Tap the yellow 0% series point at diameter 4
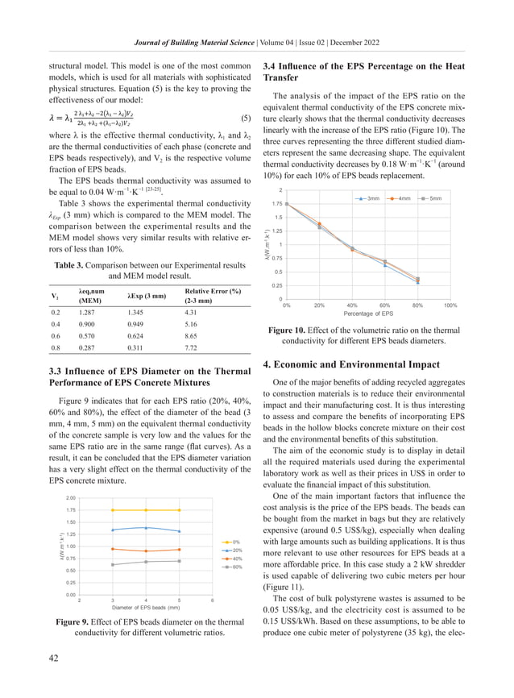coord(145,510)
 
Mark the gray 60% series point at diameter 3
coord(112,564)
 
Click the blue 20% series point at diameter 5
coord(179,531)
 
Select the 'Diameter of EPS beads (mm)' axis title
coord(145,607)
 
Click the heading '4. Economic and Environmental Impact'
coord(350,364)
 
